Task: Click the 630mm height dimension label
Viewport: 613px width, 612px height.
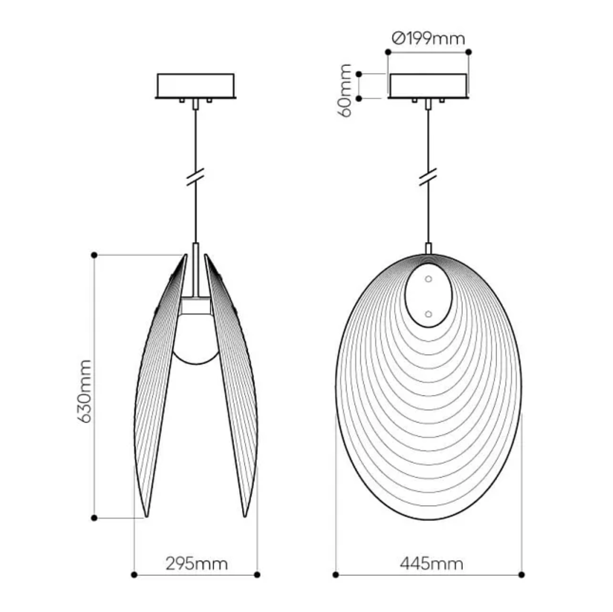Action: [x=84, y=391]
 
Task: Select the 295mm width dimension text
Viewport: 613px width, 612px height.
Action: [x=196, y=563]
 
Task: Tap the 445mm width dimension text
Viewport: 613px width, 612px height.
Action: [x=431, y=563]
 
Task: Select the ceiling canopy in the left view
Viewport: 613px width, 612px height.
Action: [x=195, y=86]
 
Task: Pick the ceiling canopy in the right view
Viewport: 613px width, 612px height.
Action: [x=428, y=86]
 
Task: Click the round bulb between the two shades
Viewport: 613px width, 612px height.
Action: [x=195, y=339]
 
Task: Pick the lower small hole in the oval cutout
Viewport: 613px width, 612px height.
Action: [x=428, y=314]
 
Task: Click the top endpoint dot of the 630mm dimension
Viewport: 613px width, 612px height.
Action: [x=94, y=255]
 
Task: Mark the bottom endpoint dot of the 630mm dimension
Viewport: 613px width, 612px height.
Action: [x=94, y=518]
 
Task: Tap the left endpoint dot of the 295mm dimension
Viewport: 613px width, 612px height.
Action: [x=134, y=574]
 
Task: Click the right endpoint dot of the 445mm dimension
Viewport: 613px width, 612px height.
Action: [x=522, y=574]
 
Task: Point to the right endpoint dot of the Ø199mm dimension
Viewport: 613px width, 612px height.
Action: [x=469, y=51]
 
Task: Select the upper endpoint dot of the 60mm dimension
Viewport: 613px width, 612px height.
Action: [x=358, y=74]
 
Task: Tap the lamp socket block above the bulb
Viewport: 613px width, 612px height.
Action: [x=195, y=306]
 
